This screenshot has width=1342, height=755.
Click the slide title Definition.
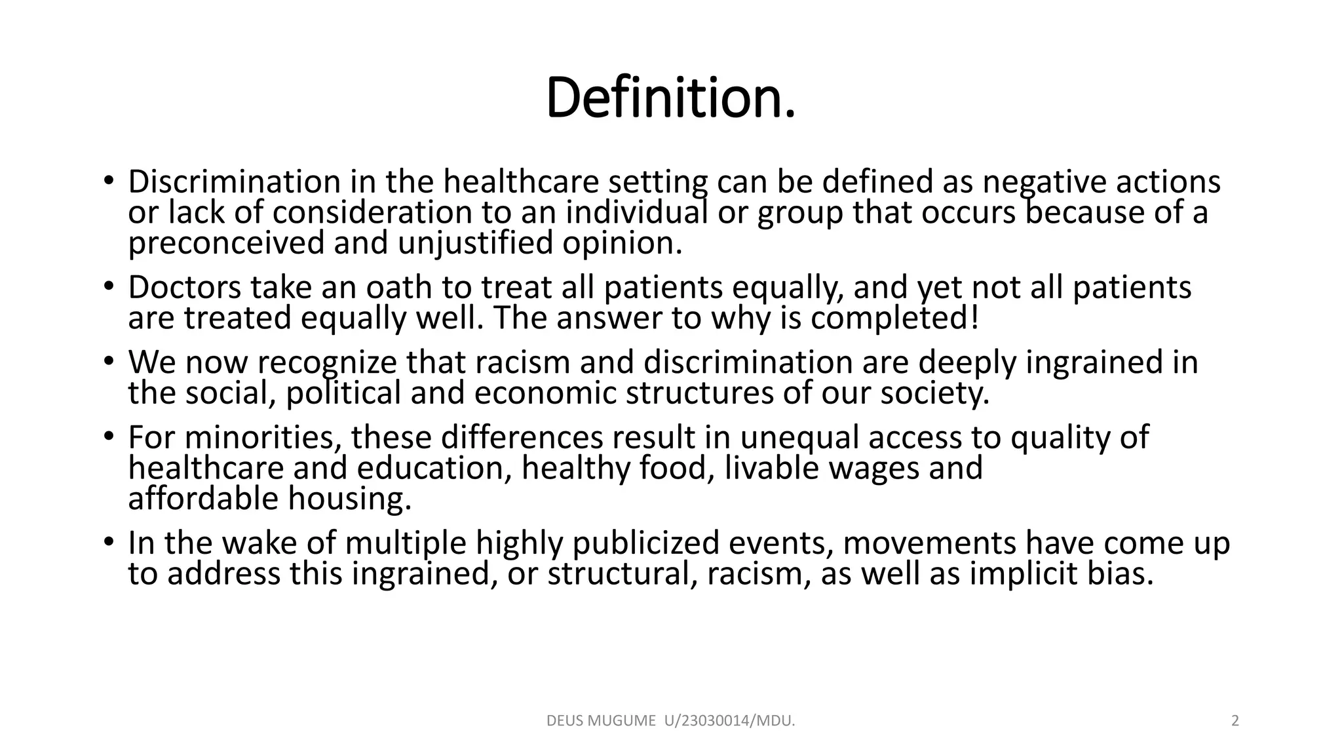point(670,98)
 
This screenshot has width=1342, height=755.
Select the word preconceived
point(225,243)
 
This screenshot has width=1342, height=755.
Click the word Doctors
point(184,288)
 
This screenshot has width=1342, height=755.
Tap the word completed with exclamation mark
point(894,319)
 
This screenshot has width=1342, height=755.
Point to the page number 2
point(1235,722)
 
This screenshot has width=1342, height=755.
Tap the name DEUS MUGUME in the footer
point(601,722)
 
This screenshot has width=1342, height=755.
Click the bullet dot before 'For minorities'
point(108,436)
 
